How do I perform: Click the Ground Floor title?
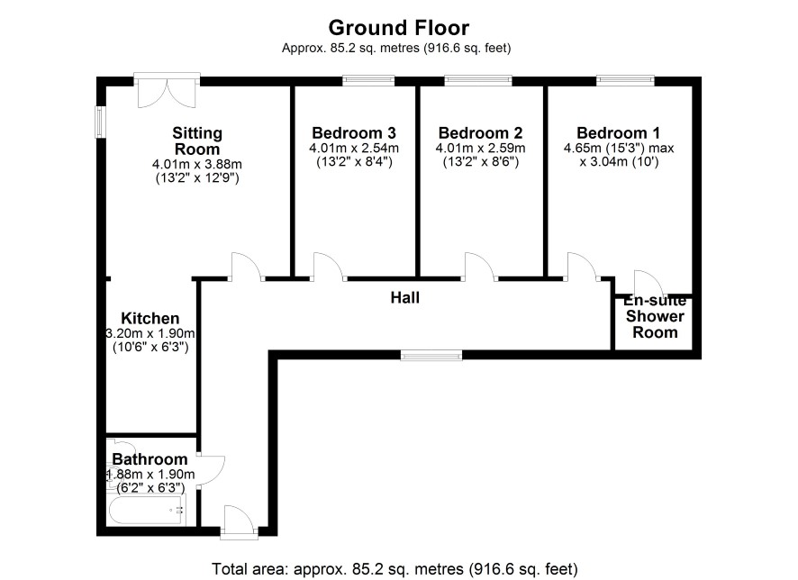tap(398, 28)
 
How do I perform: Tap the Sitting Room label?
tap(197, 140)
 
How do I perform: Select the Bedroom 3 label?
tap(354, 132)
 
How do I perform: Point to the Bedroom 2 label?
tap(480, 132)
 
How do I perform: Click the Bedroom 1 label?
tap(618, 132)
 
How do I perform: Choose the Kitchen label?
tap(150, 319)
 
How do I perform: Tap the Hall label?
tap(405, 297)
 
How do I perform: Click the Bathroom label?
tap(150, 459)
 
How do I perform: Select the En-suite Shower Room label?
tap(655, 316)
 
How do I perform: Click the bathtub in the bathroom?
tap(146, 510)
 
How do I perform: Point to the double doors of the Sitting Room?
tap(167, 91)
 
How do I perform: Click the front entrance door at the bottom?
tap(240, 522)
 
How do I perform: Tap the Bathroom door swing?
tap(211, 470)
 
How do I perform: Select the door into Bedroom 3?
tap(328, 267)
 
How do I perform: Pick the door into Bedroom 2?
tap(479, 267)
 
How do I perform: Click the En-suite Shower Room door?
tap(648, 283)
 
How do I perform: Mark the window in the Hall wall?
tap(431, 355)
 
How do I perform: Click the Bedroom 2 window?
tap(478, 80)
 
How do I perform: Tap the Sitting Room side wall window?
tap(101, 122)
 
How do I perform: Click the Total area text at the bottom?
tap(394, 568)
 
